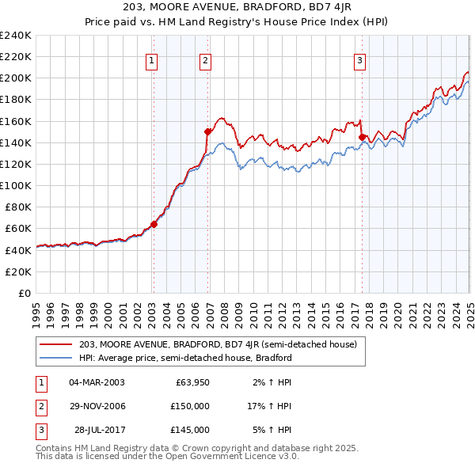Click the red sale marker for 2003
pyautogui.click(x=154, y=224)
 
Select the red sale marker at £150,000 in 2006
pyautogui.click(x=208, y=131)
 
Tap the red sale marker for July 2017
pyautogui.click(x=362, y=137)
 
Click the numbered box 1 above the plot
pyautogui.click(x=150, y=59)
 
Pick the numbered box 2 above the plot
pyautogui.click(x=205, y=59)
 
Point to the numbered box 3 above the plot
pyautogui.click(x=359, y=59)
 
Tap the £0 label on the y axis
pyautogui.click(x=24, y=293)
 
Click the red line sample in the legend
pyautogui.click(x=56, y=344)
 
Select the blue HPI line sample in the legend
pyautogui.click(x=56, y=358)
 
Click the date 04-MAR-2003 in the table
pyautogui.click(x=97, y=382)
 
